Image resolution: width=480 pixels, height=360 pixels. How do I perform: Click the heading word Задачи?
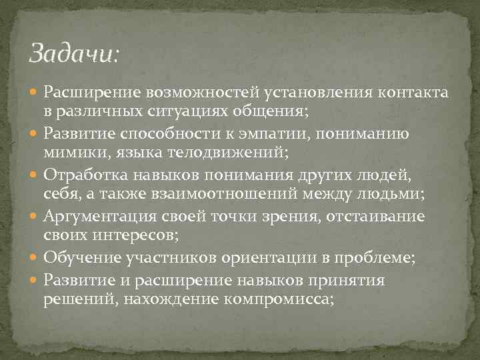tap(72, 53)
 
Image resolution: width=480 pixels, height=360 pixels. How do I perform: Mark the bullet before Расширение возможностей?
tap(35, 93)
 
